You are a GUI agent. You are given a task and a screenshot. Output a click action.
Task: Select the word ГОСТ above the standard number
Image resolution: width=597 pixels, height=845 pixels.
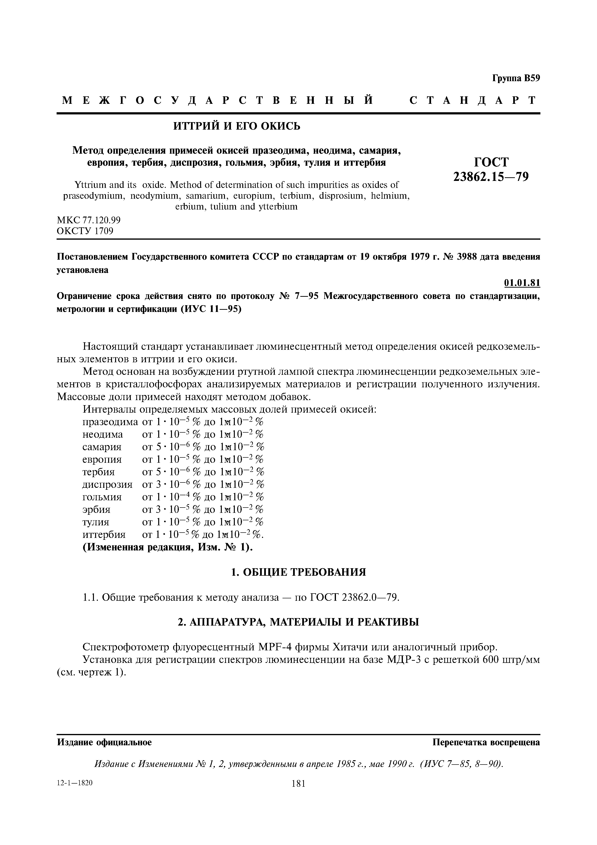pos(491,162)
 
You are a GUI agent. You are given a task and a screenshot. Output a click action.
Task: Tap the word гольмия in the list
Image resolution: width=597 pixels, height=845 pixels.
pos(102,497)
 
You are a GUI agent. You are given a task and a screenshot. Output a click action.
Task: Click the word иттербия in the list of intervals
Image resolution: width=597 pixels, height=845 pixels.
pos(104,534)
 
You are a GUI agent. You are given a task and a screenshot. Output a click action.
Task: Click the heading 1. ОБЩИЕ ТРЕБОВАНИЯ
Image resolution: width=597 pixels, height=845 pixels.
pos(298,572)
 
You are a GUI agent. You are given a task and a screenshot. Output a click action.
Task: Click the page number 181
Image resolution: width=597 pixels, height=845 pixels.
pos(298,784)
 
